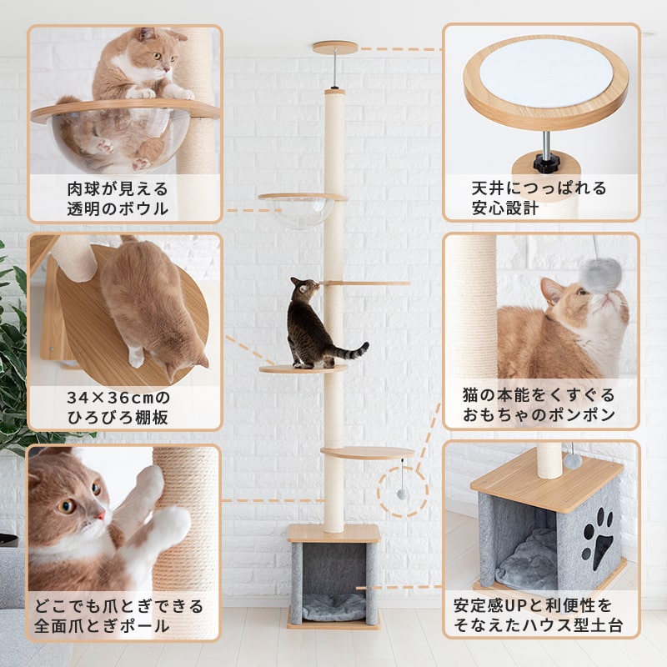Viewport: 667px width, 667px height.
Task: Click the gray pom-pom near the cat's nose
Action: click(602, 276)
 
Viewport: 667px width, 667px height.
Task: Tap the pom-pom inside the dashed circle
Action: click(402, 494)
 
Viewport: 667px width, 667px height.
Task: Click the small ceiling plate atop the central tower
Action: click(335, 48)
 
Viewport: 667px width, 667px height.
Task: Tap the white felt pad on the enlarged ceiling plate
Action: click(547, 73)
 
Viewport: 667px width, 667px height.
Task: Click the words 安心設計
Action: click(505, 208)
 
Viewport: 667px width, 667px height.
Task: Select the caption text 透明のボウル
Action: click(118, 209)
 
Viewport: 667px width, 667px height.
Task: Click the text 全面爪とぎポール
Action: click(102, 626)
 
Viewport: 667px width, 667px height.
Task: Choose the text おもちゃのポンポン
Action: click(539, 414)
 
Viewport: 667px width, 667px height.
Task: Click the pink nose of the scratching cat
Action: click(101, 515)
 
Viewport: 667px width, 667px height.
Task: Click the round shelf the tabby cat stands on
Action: click(303, 369)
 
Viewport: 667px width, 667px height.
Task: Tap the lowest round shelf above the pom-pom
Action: click(368, 453)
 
